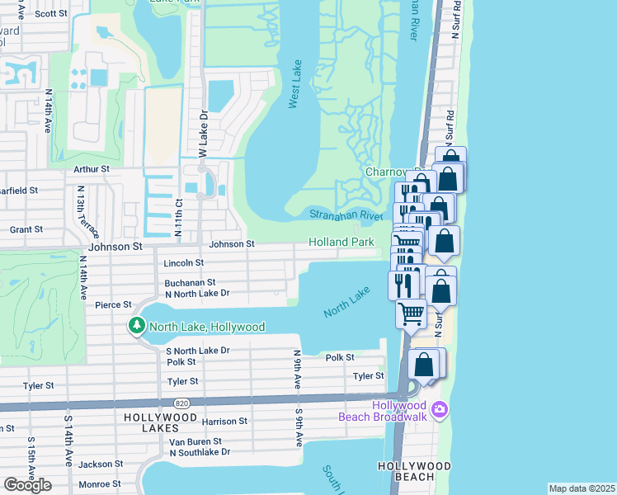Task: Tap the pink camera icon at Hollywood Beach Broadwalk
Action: click(440, 409)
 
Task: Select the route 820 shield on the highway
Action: click(181, 403)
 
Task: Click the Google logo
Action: click(27, 485)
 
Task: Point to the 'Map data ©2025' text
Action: click(582, 488)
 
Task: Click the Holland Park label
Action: click(341, 242)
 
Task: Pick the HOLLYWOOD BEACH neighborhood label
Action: click(415, 466)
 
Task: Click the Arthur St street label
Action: click(91, 168)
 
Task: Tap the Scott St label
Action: click(51, 13)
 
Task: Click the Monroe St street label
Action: click(101, 483)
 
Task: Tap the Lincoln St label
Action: click(183, 263)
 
